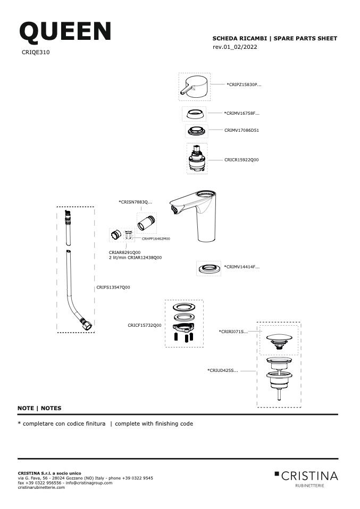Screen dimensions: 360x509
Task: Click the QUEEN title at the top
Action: (65, 31)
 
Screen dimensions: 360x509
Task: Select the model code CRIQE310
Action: (36, 52)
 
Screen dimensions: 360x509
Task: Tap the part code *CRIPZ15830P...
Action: (244, 84)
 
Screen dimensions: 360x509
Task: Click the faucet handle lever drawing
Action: (194, 87)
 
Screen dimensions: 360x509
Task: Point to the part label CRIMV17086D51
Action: (241, 131)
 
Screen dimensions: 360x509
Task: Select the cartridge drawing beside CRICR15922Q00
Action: (197, 158)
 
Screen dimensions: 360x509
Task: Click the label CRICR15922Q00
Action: (241, 160)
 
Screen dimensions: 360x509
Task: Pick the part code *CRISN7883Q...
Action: (135, 202)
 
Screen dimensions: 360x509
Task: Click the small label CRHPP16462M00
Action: (156, 239)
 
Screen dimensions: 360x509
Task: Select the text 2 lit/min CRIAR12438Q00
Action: (135, 258)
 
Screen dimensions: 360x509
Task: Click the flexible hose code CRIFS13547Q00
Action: (113, 287)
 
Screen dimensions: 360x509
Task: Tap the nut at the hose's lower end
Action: (86, 324)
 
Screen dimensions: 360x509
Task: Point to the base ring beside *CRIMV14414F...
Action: (208, 268)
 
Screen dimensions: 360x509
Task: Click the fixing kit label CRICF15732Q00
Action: (145, 325)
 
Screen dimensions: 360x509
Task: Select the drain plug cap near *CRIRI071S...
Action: (279, 341)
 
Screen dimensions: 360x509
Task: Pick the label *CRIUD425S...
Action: (223, 370)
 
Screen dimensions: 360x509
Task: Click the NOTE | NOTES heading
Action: (39, 409)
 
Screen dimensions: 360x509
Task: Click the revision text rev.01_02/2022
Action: (235, 47)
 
